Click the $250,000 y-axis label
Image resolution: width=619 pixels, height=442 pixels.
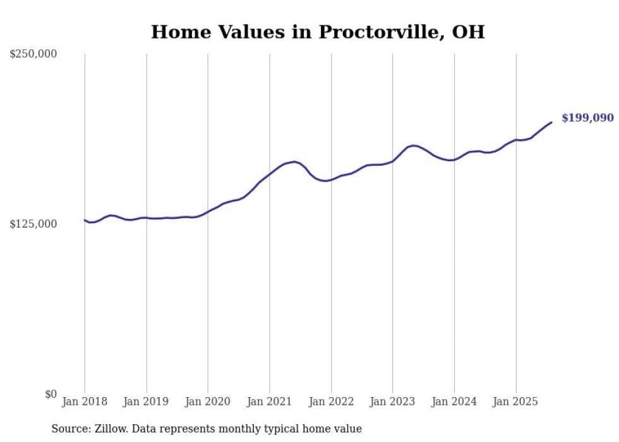tap(33, 54)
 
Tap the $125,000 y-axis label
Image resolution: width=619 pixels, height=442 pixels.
tap(33, 224)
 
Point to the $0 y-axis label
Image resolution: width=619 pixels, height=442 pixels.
tap(51, 395)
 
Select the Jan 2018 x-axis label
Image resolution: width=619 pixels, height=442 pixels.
tap(85, 402)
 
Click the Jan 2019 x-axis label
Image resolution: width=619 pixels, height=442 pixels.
tap(146, 402)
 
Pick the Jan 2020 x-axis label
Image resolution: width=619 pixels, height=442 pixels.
tap(208, 402)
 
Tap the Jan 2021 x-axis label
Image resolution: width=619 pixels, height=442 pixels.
tap(270, 402)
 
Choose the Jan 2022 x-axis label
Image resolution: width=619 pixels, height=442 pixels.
tap(331, 402)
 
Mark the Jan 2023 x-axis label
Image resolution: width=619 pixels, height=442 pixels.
tap(393, 402)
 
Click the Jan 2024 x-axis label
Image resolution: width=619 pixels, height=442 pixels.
tap(454, 402)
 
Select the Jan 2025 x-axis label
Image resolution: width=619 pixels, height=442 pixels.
tap(516, 402)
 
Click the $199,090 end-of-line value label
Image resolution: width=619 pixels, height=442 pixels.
tap(587, 118)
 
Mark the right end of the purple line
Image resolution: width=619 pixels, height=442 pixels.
tap(551, 122)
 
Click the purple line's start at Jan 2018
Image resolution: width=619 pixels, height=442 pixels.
tap(85, 220)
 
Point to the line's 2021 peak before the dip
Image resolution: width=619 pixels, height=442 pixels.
tap(294, 162)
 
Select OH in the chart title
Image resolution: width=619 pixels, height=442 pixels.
tap(468, 32)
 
